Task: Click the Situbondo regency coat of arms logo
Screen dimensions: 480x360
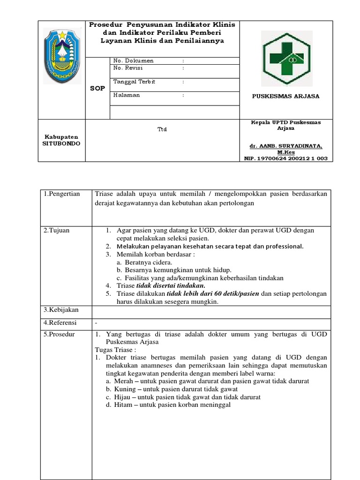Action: coord(62,56)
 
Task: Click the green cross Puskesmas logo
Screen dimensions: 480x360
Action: coord(286,58)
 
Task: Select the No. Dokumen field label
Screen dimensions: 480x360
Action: coord(134,61)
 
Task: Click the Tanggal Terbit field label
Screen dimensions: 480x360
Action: coord(134,82)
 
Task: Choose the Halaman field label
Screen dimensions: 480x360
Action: coord(127,95)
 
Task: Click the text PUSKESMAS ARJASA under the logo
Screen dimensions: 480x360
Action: coord(285,96)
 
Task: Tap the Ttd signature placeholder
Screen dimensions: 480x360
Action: coord(162,129)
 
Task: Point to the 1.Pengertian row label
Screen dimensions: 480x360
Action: coord(62,194)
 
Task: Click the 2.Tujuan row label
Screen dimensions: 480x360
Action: coord(56,230)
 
